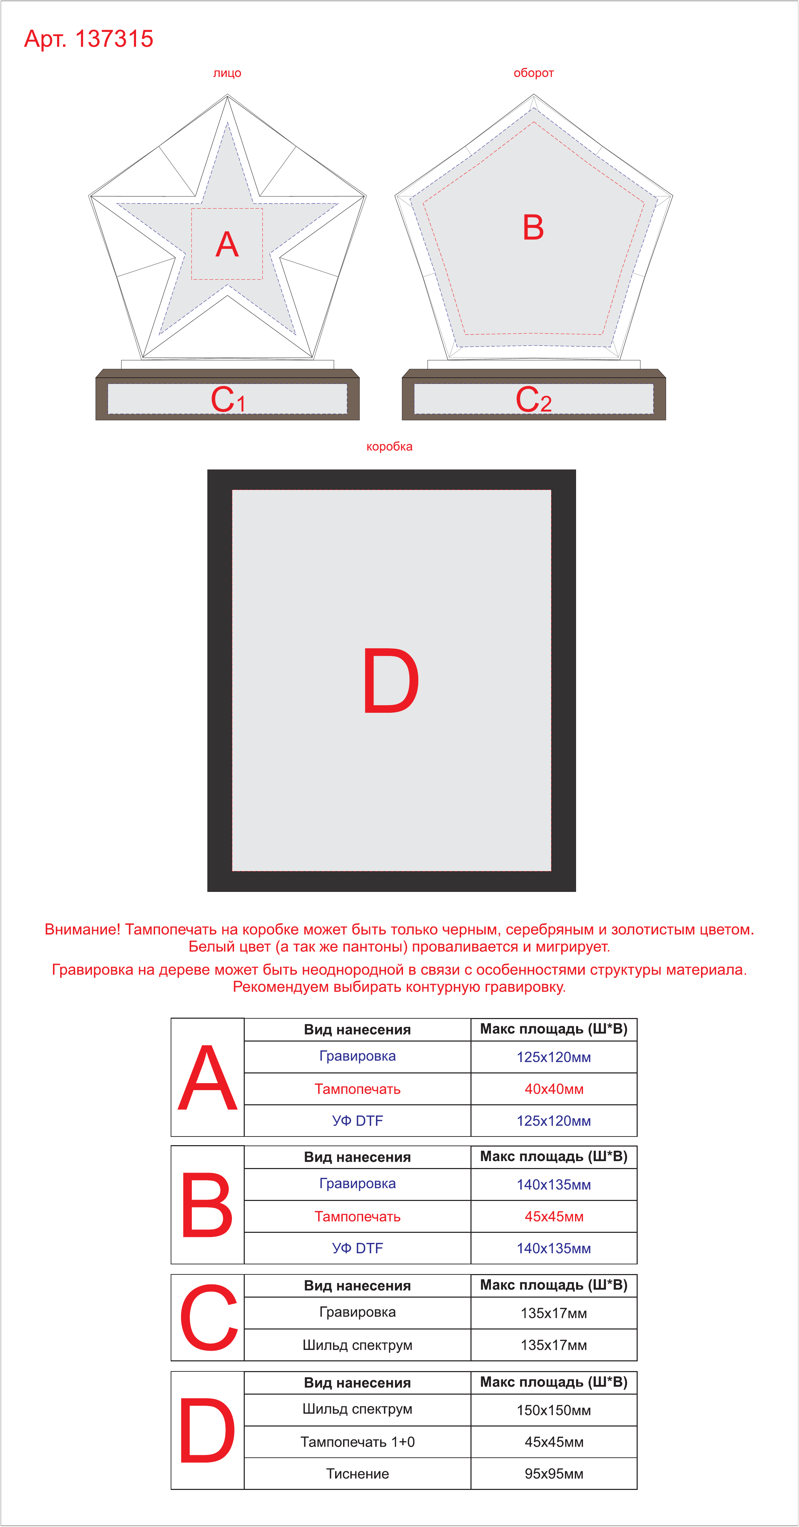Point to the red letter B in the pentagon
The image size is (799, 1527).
coord(533,227)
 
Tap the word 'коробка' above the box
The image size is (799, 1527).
coord(389,446)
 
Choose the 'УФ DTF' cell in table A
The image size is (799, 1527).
coord(357,1120)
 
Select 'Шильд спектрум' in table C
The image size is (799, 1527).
coord(357,1345)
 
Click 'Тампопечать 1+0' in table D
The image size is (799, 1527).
coord(357,1442)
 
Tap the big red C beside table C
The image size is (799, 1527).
coord(208,1317)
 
